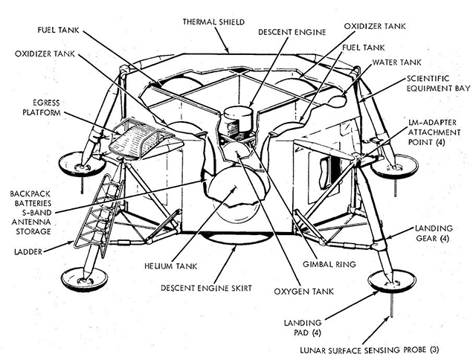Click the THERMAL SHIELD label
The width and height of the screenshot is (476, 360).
tap(213, 22)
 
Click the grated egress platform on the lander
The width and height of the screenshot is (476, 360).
tap(141, 140)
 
